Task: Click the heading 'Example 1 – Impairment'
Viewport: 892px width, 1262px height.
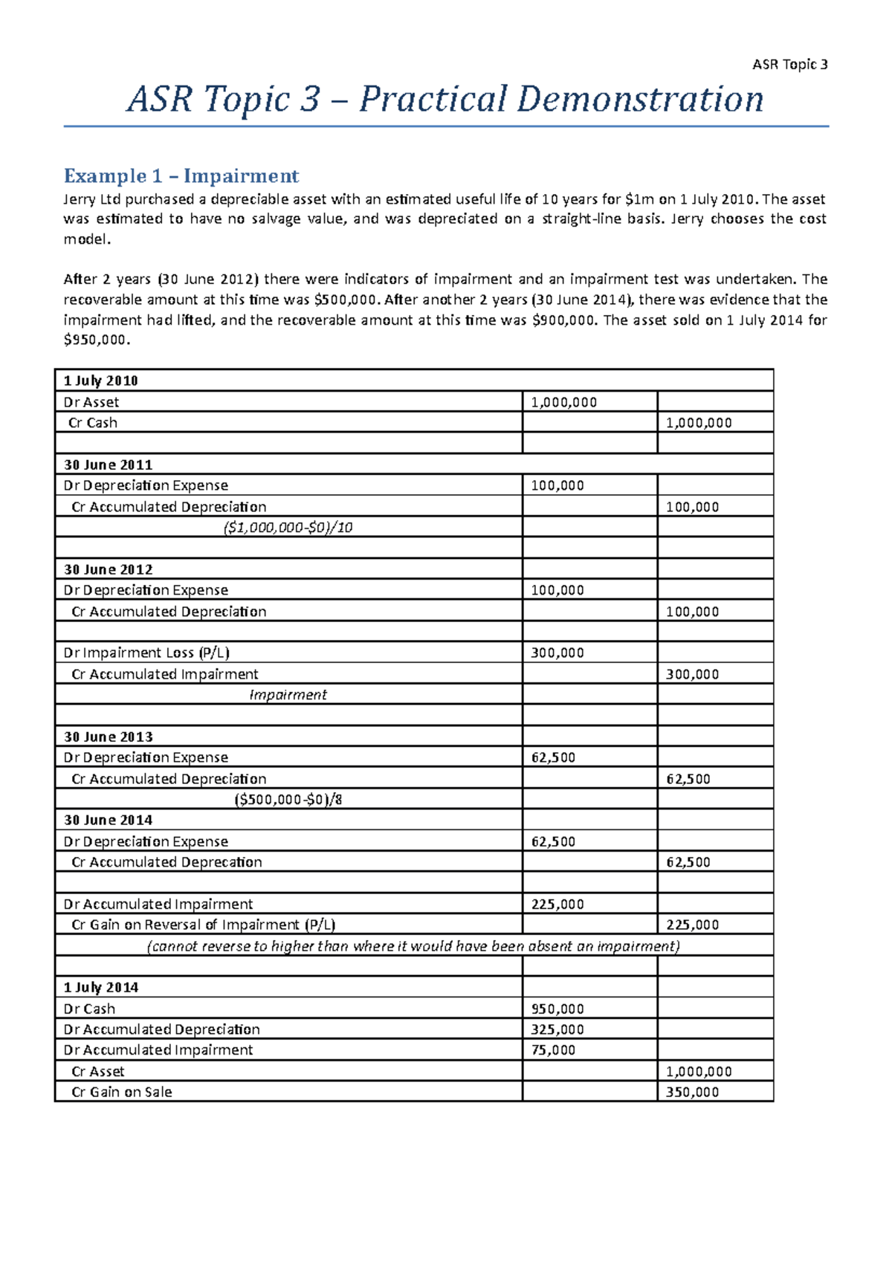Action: pos(181,176)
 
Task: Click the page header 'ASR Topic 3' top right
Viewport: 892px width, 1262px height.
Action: pos(789,65)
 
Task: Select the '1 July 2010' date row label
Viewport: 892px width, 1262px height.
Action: pos(101,381)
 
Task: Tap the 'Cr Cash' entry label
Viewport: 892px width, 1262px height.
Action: pos(93,423)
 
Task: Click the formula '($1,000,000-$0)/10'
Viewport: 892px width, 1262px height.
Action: pos(288,528)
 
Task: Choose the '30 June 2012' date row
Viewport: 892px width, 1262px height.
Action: pos(108,570)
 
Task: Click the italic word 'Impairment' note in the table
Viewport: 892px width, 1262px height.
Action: pos(288,695)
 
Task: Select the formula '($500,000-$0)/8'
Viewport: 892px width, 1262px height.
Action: pos(288,800)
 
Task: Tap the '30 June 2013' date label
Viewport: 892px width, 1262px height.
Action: pos(108,737)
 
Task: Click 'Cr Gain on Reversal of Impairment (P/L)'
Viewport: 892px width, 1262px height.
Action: pos(203,925)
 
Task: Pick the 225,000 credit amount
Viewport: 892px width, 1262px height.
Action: pos(692,925)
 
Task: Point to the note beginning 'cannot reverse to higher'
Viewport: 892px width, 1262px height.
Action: pos(413,946)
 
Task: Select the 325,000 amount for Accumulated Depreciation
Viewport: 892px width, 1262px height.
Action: pos(557,1030)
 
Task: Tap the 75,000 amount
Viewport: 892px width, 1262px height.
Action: pos(553,1050)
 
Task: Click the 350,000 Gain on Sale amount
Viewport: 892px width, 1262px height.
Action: pos(692,1093)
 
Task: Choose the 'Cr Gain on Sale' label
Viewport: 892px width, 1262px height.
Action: pos(121,1093)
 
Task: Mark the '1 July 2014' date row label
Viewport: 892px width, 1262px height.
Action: pos(101,988)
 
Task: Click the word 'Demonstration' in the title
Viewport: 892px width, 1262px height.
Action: pos(640,100)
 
